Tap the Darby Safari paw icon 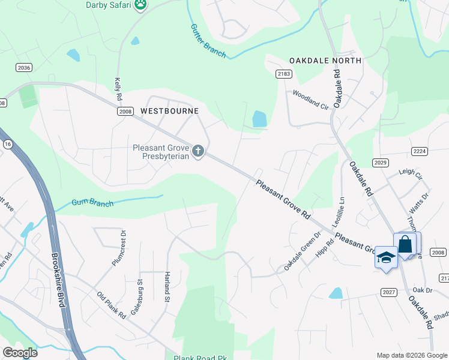[x=140, y=5]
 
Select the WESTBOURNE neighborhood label [x=169, y=111]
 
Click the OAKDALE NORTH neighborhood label [x=325, y=61]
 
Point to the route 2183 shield [x=284, y=73]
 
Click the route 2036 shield [x=24, y=68]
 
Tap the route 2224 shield [x=420, y=151]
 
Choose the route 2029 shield [x=381, y=162]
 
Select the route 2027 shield [x=388, y=292]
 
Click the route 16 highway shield [x=7, y=144]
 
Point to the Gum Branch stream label [x=92, y=203]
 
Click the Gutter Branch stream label [x=208, y=41]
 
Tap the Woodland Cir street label [x=312, y=100]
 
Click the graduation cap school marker [x=386, y=257]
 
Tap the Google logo [x=20, y=353]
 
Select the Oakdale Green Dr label [x=303, y=250]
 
